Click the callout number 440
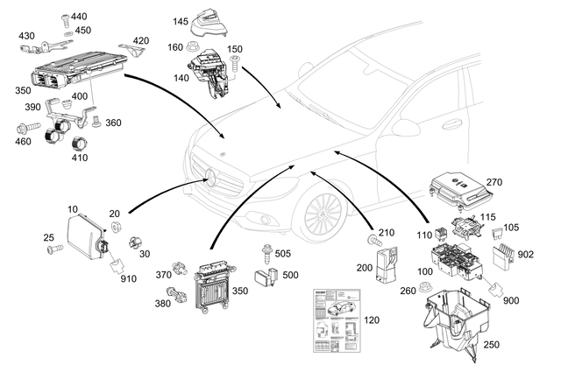pos(79,17)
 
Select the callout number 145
pos(181,20)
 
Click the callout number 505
pos(283,255)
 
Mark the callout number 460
pos(23,140)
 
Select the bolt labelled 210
pos(373,238)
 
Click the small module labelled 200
pos(385,263)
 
